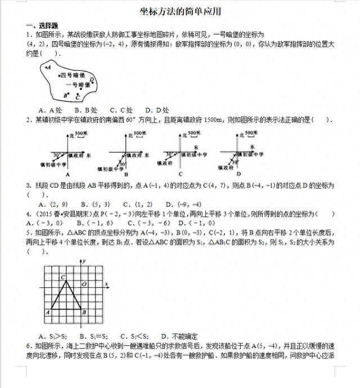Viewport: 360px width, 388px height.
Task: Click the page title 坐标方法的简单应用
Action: click(x=180, y=12)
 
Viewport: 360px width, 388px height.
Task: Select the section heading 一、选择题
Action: click(x=42, y=26)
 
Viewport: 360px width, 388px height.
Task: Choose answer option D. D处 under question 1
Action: click(x=156, y=110)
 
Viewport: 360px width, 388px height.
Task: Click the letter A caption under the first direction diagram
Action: click(x=67, y=174)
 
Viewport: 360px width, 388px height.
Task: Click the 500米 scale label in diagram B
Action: click(x=139, y=133)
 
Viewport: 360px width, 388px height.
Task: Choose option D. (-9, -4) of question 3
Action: click(x=188, y=204)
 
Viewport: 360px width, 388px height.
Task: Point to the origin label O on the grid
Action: click(x=84, y=285)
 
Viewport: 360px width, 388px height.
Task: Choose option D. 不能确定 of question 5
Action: click(x=179, y=336)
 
